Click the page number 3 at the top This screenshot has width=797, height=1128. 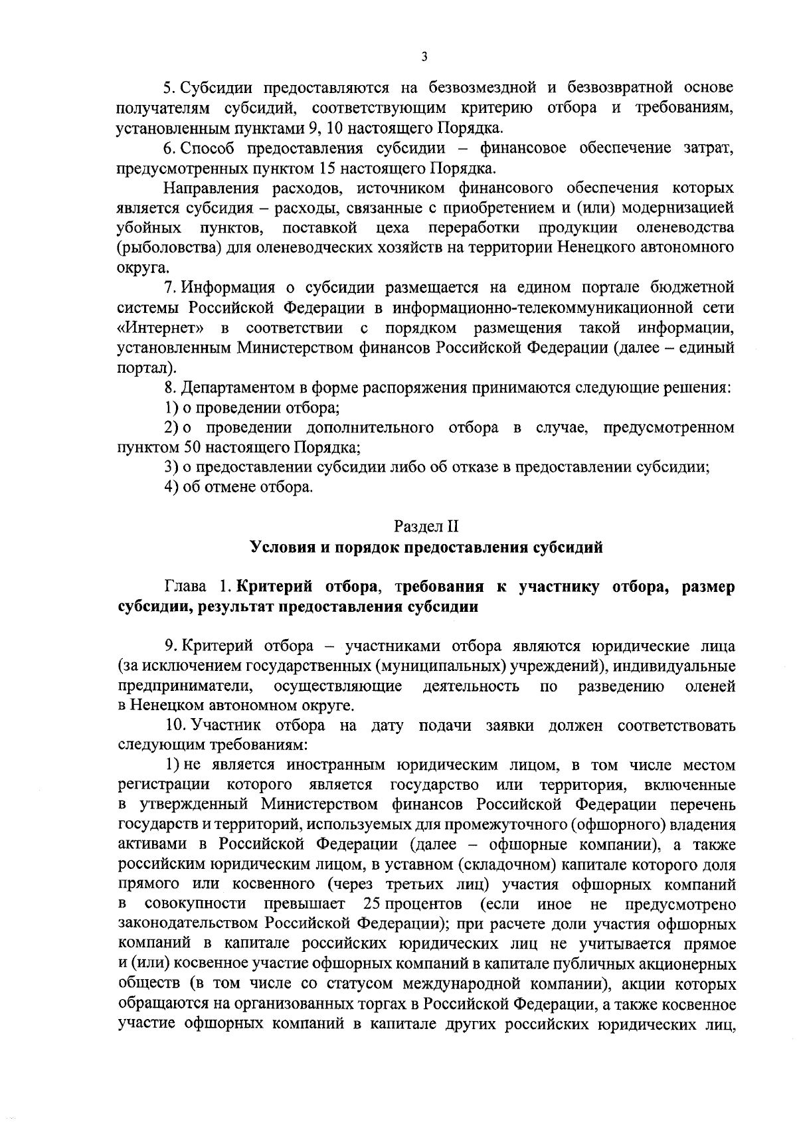pos(424,57)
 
